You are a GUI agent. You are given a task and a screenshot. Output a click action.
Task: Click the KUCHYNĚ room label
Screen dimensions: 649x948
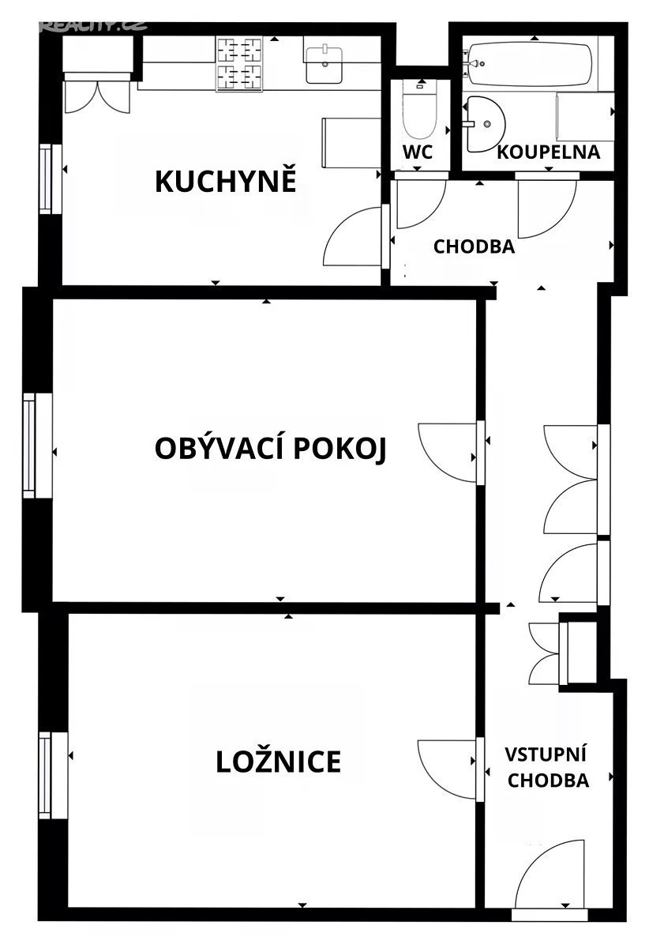[226, 180]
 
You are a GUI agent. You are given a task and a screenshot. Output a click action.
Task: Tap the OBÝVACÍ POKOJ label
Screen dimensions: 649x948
[270, 449]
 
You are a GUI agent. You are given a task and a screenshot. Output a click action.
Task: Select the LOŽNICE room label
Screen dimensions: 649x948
[279, 762]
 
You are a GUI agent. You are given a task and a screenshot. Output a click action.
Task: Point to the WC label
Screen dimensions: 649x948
[418, 152]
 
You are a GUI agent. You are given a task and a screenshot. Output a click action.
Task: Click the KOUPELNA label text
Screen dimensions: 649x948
[548, 152]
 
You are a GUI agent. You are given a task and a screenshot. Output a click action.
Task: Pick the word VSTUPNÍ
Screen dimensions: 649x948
[546, 754]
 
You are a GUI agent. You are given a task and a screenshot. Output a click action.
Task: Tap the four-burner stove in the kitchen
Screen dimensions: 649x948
[239, 63]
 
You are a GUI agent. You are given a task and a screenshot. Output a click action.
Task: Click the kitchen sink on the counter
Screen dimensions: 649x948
[324, 65]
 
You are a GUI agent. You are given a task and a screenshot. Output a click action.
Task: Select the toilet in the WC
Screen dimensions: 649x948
[418, 110]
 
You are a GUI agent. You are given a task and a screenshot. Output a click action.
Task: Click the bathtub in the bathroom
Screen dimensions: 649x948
[530, 63]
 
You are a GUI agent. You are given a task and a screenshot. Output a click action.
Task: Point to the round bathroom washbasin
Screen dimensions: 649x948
[485, 123]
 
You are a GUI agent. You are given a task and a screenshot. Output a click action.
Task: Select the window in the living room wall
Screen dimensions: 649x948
[37, 446]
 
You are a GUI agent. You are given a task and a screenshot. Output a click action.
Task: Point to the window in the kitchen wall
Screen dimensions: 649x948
[51, 179]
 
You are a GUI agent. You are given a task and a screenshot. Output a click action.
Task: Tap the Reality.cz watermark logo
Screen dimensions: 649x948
[94, 25]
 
